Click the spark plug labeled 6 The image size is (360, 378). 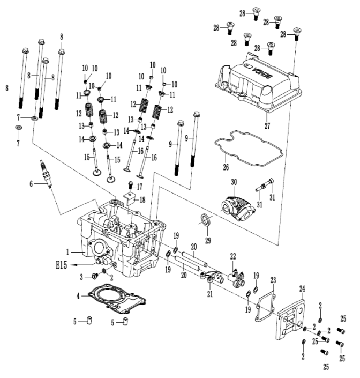[46, 174]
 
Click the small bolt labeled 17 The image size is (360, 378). [131, 186]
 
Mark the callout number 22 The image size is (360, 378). [233, 256]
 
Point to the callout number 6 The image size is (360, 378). [31, 184]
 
